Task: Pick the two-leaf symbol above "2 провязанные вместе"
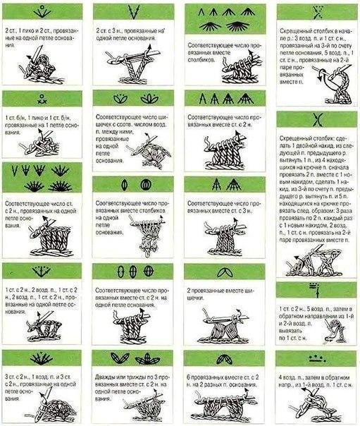click(x=225, y=273)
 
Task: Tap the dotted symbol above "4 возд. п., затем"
click(x=316, y=359)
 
